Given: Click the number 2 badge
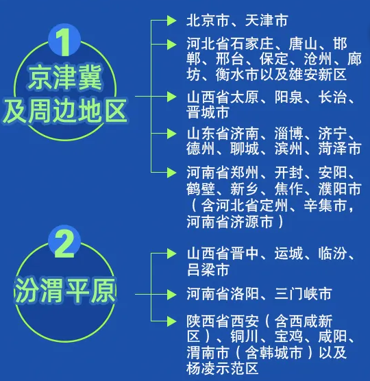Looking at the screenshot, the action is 64,243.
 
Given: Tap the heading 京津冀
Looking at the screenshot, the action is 65,78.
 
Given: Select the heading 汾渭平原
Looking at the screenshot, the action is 65,291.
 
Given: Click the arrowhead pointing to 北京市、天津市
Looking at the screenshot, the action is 171,21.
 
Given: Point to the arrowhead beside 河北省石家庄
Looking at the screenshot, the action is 171,45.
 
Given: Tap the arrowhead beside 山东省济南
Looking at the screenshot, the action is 171,134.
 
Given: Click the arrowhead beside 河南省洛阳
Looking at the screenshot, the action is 171,294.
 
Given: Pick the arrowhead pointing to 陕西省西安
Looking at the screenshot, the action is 171,321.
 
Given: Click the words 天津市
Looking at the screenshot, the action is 267,21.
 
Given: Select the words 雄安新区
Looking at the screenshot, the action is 318,75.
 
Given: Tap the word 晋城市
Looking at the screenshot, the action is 208,112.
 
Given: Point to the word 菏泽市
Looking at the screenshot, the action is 340,149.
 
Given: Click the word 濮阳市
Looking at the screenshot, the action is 340,189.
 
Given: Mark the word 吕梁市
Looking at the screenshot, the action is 208,269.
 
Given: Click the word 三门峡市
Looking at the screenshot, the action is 303,294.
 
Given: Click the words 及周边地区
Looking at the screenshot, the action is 65,110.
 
